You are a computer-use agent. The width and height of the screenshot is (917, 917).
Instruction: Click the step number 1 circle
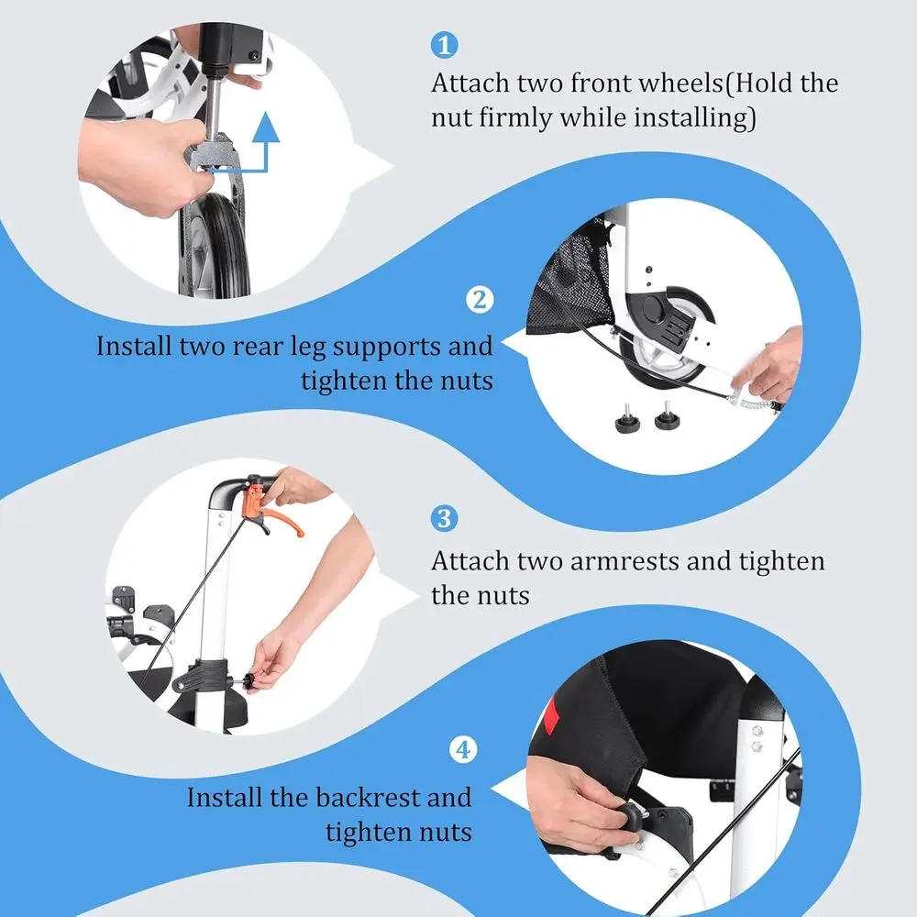[444, 45]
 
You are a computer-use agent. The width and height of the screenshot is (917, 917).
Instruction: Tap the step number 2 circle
[480, 300]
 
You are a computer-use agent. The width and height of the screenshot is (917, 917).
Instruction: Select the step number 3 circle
[444, 518]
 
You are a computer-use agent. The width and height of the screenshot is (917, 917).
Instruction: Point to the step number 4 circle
[463, 749]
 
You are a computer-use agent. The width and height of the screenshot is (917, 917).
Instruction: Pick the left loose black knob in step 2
[627, 419]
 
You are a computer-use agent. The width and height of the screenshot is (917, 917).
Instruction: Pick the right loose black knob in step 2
[667, 415]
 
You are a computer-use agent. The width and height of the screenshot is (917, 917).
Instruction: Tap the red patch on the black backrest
[549, 714]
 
